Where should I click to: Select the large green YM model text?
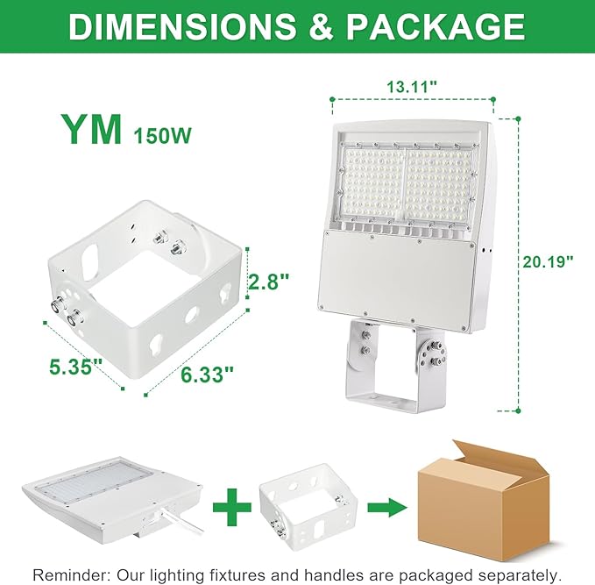click(91, 130)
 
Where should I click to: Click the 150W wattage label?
click(162, 136)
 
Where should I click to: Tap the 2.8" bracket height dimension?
click(267, 282)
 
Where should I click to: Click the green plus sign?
click(231, 507)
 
